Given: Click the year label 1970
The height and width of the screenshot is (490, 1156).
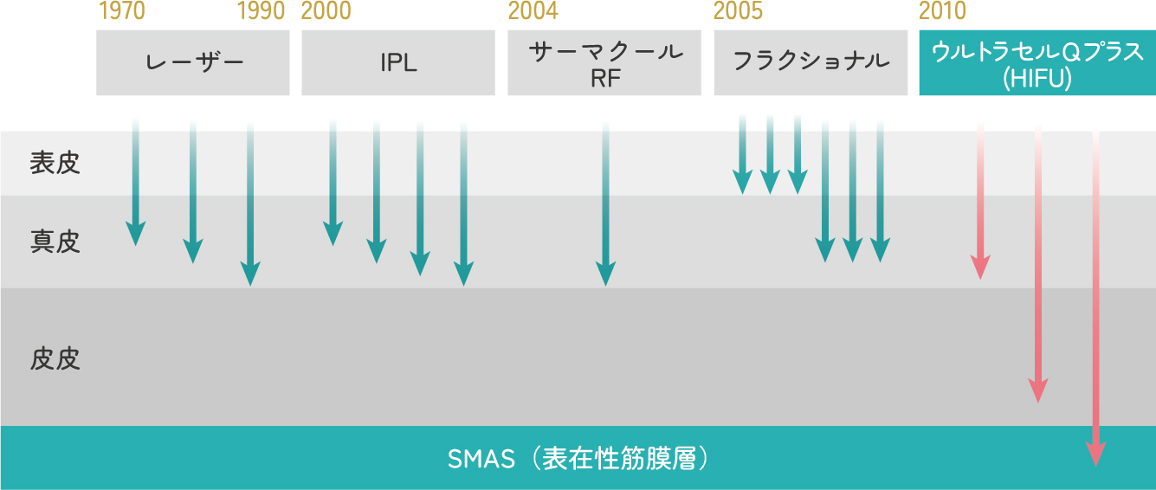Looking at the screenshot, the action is coord(122,11).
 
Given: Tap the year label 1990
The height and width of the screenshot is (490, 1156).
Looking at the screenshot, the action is coord(262,11).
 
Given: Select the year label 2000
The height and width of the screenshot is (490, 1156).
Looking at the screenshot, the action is coord(326,11).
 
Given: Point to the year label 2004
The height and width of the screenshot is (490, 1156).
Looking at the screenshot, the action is coord(533,11).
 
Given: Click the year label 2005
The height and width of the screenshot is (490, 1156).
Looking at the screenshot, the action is coord(738,11).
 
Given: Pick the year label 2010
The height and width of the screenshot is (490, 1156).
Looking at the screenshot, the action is coord(942,11).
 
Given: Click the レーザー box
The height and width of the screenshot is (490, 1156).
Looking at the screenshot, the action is coord(193,62).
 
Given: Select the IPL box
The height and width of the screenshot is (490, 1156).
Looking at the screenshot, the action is coord(398,62).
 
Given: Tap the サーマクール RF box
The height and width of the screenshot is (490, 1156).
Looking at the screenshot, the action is coord(604,62).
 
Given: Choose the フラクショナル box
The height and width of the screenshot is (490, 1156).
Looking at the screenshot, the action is coord(810,62).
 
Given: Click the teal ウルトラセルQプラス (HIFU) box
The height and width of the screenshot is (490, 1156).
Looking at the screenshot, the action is coord(1037,62).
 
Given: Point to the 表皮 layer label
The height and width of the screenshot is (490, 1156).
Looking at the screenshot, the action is coord(55,163).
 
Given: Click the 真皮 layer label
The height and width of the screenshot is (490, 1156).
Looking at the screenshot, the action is coord(55,242).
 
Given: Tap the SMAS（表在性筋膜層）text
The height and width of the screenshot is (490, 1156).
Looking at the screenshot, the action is coord(578,459).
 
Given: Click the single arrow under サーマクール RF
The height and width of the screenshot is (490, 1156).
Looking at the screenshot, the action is coord(606,203).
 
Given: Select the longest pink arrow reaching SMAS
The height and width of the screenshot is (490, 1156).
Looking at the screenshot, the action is coord(1095,300).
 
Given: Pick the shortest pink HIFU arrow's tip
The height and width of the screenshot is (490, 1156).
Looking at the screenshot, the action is coord(980,279).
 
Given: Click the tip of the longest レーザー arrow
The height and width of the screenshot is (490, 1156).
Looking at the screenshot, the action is coord(250,285).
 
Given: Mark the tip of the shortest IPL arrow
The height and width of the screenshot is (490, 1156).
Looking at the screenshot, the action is coord(333,245).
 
